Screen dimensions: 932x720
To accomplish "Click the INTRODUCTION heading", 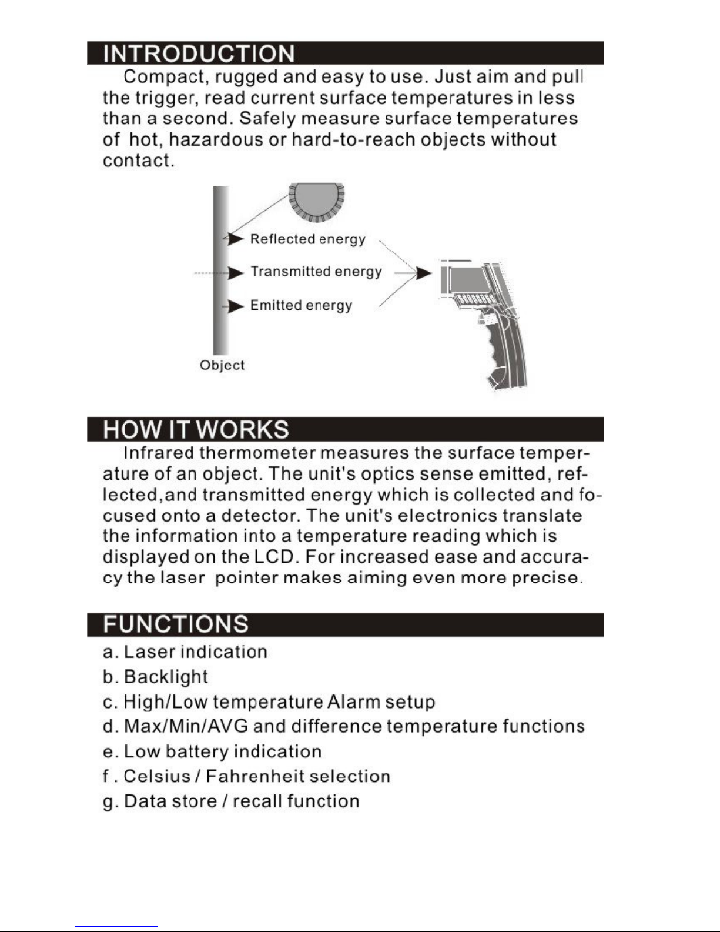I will pos(199,54).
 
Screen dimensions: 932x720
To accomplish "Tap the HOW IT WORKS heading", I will pos(196,430).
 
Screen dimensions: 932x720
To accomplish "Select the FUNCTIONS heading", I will pos(176,624).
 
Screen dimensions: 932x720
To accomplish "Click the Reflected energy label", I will pos(307,239).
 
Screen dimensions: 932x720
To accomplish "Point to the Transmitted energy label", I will pos(316,272).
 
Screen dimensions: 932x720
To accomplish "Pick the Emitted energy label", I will pos(301,305).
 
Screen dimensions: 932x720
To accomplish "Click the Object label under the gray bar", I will pos(222,365).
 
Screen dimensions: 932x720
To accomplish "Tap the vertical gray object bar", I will pos(220,270).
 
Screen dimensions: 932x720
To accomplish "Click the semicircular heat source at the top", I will pos(316,202).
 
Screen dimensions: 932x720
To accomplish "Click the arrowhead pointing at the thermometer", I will pos(423,273).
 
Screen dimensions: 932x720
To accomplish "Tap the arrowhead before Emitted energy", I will pos(236,306).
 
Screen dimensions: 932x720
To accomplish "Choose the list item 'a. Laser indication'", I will pos(185,652).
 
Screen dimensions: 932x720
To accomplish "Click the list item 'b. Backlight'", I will pos(155,677).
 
